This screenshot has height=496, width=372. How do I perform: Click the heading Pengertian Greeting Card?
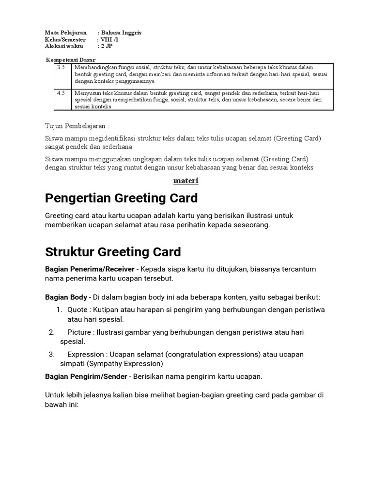pos(121,198)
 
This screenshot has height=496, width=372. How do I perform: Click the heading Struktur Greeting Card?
pos(113,252)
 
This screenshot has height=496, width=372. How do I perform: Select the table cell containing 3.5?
pos(61,67)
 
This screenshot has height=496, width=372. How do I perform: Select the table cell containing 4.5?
pos(61,93)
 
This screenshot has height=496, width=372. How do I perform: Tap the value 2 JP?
pos(107,46)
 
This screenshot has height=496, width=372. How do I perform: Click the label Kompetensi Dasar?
pos(70,59)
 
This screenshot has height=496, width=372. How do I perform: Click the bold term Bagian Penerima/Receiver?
pos(90,269)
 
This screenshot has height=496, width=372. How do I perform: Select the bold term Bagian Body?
pos(66,297)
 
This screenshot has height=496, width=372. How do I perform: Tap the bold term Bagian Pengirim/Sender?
pos(86,376)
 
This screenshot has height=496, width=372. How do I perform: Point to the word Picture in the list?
pos(79,332)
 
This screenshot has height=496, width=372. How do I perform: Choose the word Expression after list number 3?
pos(85,355)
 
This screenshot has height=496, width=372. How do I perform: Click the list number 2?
pos(51,332)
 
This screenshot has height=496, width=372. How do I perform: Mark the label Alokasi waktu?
pos(64,46)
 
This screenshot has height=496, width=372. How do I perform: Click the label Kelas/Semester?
pos(65,40)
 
